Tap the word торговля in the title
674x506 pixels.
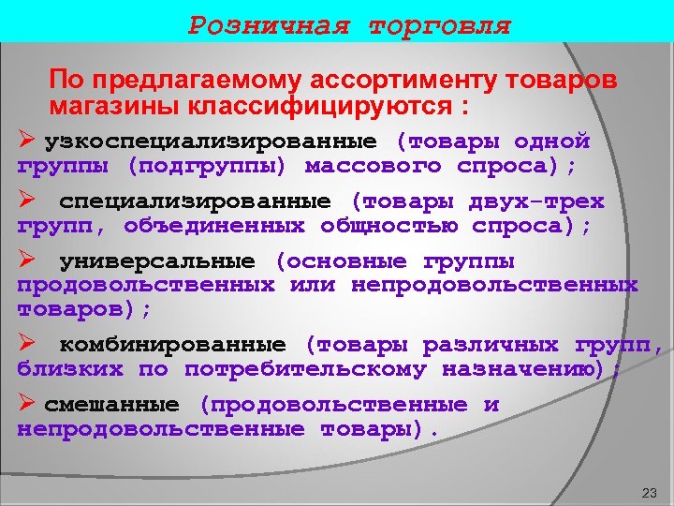pos(440,25)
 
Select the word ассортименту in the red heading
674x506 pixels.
pos(399,81)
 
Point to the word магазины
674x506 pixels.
pos(115,104)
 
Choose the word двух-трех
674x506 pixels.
pos(537,201)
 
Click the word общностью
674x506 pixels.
pos(394,226)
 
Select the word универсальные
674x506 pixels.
pos(156,260)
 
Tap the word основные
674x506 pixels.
pos(345,260)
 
